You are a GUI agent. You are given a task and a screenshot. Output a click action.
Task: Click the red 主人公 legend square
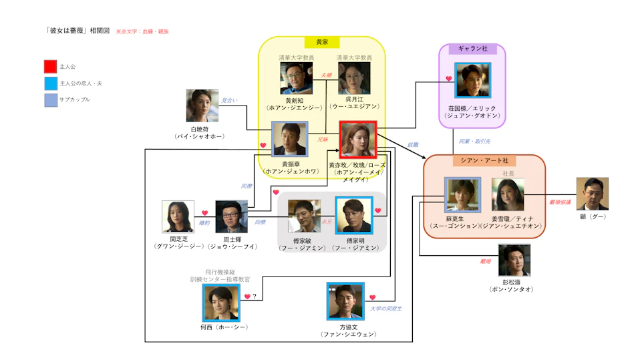click(x=50, y=67)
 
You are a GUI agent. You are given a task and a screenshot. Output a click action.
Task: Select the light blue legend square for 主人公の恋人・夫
click(x=50, y=83)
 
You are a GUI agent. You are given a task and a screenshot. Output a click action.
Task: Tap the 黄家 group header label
click(x=322, y=42)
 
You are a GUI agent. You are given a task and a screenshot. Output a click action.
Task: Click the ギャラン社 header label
click(x=472, y=49)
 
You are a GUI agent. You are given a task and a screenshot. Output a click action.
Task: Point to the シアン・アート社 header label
click(x=484, y=161)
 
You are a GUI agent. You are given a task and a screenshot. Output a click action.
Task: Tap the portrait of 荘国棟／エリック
click(x=473, y=80)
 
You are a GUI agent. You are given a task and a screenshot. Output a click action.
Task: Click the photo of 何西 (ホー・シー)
click(x=220, y=303)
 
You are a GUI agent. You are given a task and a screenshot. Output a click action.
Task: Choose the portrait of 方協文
click(x=345, y=301)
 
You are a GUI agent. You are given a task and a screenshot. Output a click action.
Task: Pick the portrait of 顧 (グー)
click(x=592, y=194)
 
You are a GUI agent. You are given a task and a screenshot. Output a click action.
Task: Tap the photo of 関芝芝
click(x=178, y=216)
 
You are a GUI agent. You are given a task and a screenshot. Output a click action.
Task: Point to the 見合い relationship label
click(x=229, y=100)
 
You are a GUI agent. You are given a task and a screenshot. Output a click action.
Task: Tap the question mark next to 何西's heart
click(x=254, y=296)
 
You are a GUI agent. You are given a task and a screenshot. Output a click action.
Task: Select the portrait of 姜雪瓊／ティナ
click(x=508, y=195)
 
